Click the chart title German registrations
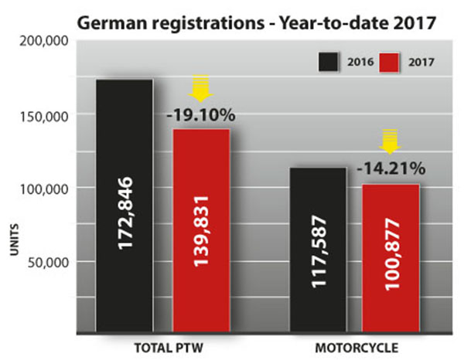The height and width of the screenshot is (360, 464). pyautogui.click(x=171, y=23)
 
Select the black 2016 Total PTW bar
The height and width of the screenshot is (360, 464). pyautogui.click(x=125, y=205)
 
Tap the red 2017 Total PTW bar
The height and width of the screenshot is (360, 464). pyautogui.click(x=201, y=230)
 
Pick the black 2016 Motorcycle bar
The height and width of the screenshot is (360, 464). pyautogui.click(x=318, y=250)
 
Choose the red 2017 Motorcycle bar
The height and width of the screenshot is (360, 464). pyautogui.click(x=391, y=258)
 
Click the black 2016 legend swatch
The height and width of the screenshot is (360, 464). pyautogui.click(x=328, y=62)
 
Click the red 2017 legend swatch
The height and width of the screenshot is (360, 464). pyautogui.click(x=389, y=63)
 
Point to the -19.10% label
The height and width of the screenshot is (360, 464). pyautogui.click(x=201, y=115)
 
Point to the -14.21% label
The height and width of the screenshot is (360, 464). pyautogui.click(x=391, y=168)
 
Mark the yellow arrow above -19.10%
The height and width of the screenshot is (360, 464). pyautogui.click(x=201, y=88)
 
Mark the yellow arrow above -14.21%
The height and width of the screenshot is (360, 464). pyautogui.click(x=390, y=141)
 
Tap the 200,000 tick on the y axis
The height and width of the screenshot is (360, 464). pyautogui.click(x=44, y=42)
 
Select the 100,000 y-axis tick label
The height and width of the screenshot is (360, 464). pyautogui.click(x=44, y=189)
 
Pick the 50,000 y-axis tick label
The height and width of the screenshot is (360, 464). pyautogui.click(x=48, y=263)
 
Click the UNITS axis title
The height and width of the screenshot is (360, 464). pyautogui.click(x=14, y=239)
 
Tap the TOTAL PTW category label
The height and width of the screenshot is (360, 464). pyautogui.click(x=169, y=348)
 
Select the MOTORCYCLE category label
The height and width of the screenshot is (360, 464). pyautogui.click(x=357, y=348)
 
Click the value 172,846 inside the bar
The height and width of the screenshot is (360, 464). pyautogui.click(x=125, y=212)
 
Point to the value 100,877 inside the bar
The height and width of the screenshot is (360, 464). pyautogui.click(x=392, y=254)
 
